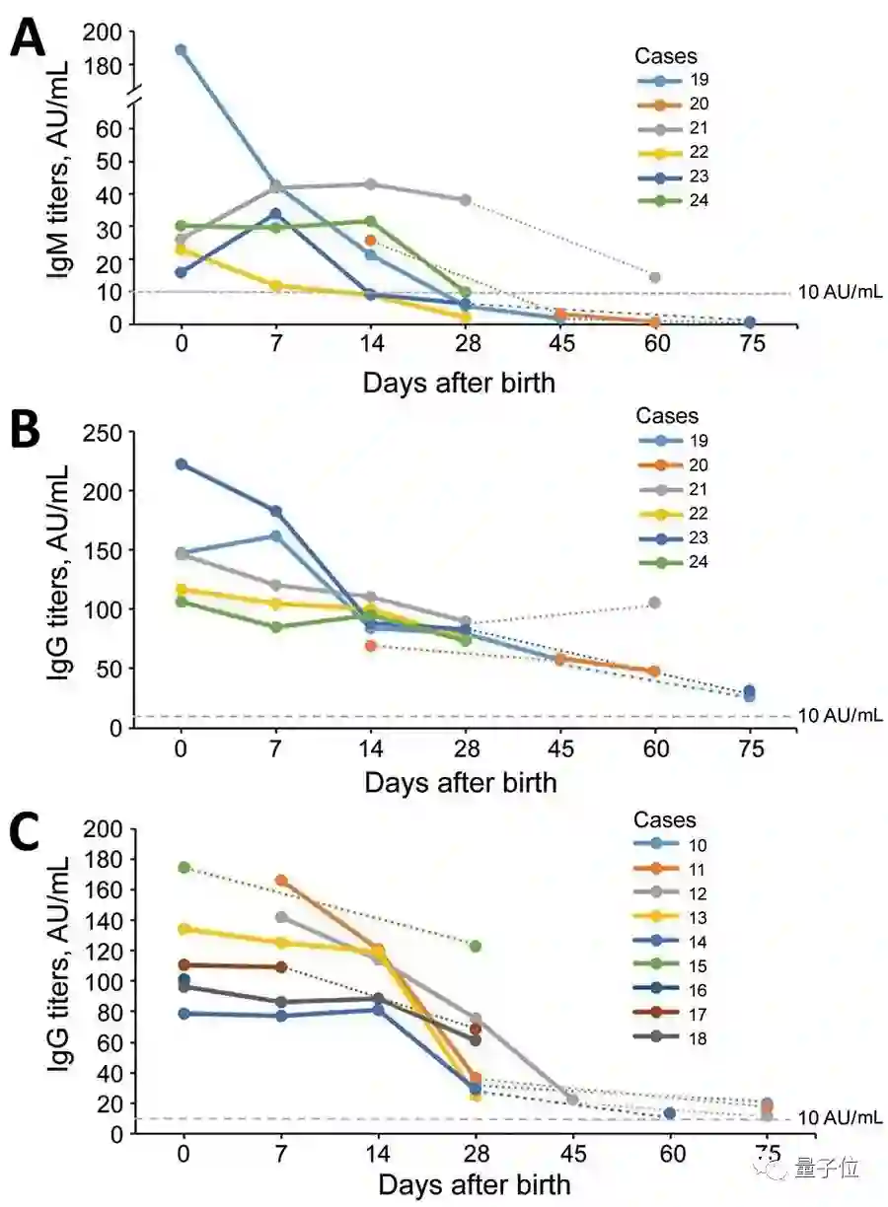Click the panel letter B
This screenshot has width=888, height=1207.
pyautogui.click(x=28, y=430)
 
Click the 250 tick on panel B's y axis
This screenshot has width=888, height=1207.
pyautogui.click(x=104, y=432)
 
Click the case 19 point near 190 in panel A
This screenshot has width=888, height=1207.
pyautogui.click(x=181, y=49)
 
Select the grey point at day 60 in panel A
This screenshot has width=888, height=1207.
pyautogui.click(x=655, y=277)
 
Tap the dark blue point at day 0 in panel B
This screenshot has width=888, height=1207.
pyautogui.click(x=181, y=464)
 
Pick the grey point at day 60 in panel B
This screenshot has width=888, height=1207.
pyautogui.click(x=655, y=603)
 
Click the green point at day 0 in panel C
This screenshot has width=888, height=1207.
pyautogui.click(x=184, y=868)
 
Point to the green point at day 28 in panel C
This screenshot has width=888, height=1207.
pyautogui.click(x=476, y=946)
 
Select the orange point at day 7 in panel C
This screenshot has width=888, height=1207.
pyautogui.click(x=281, y=880)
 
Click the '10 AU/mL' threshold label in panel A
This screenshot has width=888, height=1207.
pyautogui.click(x=839, y=293)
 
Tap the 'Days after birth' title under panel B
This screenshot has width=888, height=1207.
pyautogui.click(x=460, y=783)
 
